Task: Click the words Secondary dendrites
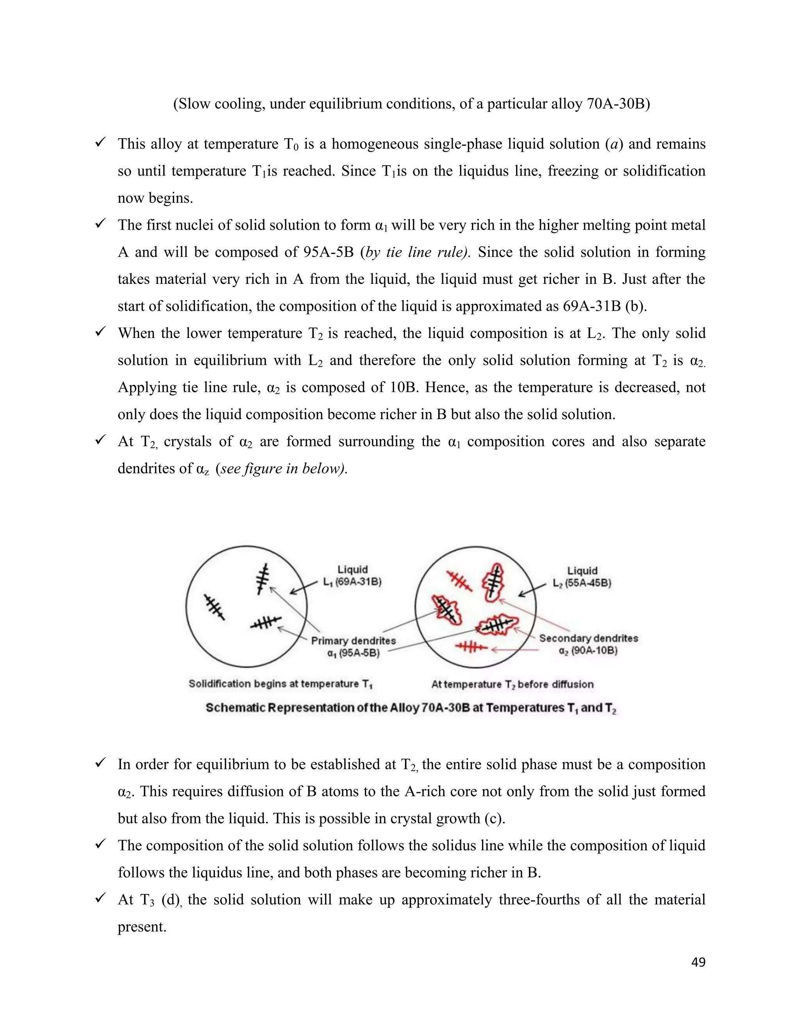588,638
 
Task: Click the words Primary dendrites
353,641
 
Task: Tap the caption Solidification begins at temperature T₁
280,684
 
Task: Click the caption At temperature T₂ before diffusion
512,684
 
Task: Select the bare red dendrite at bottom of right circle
471,647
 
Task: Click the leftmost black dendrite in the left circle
214,607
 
